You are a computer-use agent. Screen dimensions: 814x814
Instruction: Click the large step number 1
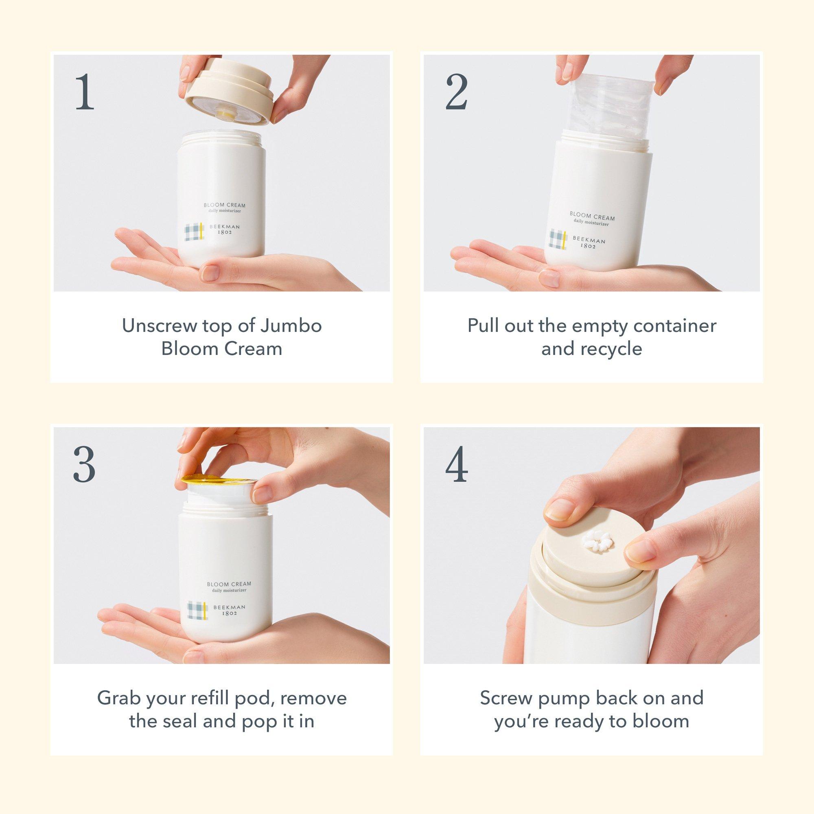click(85, 92)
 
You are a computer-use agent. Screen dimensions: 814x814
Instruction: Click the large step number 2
click(457, 92)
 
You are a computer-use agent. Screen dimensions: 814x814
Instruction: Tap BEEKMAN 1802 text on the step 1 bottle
click(225, 230)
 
